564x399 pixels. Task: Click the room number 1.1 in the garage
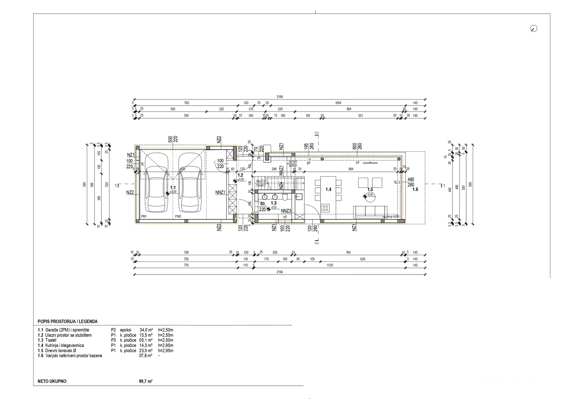click(172, 188)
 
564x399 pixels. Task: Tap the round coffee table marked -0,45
click(369, 195)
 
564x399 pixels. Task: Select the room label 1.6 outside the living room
click(415, 190)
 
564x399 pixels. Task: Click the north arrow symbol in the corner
click(533, 28)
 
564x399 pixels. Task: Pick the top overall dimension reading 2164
click(280, 97)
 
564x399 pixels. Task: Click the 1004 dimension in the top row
click(338, 103)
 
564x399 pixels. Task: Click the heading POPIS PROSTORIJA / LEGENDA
click(68, 322)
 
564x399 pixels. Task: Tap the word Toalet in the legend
click(51, 340)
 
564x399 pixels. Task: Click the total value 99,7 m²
click(143, 381)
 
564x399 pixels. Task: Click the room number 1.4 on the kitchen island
click(328, 190)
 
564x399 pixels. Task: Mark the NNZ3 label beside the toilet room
click(286, 211)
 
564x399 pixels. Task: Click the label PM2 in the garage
click(178, 216)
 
